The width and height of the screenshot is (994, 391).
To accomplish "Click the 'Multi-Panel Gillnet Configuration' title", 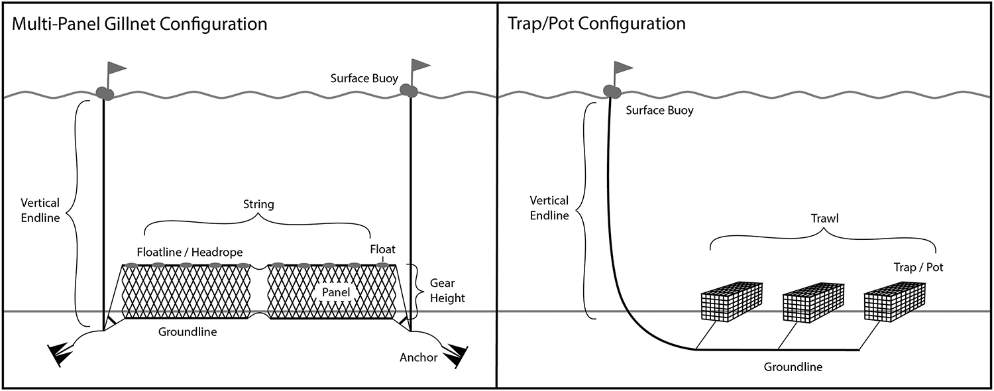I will pyautogui.click(x=139, y=25).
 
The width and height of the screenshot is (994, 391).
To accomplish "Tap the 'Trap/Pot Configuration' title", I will pyautogui.click(x=596, y=25).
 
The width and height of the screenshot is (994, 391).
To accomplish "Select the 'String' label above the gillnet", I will pyautogui.click(x=258, y=204).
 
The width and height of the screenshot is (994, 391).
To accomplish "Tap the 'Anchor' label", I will pyautogui.click(x=418, y=357).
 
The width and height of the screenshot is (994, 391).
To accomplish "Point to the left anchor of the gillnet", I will pyautogui.click(x=62, y=353).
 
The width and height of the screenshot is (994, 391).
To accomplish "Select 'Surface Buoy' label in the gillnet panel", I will pyautogui.click(x=364, y=78).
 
